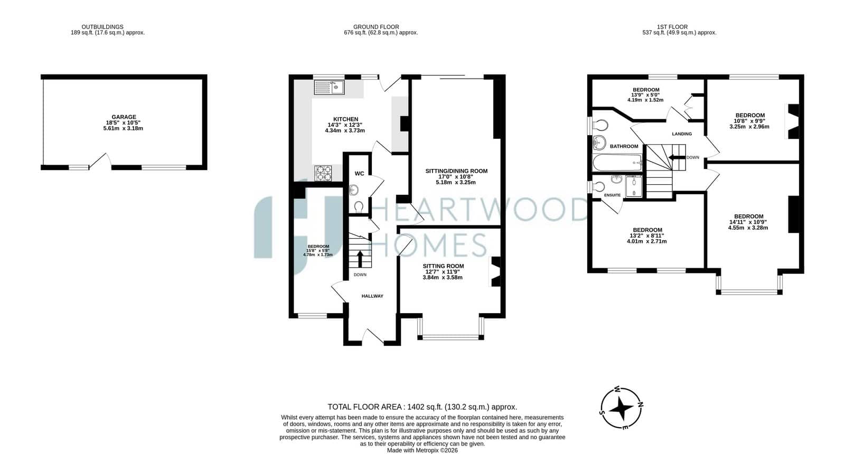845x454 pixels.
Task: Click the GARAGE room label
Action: coord(124,117)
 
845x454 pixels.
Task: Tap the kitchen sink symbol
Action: coord(330,87)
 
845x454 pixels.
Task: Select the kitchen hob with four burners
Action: coord(323,173)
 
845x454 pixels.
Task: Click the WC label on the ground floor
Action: coord(360,174)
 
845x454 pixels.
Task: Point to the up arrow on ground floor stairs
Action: coord(360,259)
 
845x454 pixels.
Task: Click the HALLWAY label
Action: coord(372,296)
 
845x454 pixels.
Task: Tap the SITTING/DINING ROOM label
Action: coord(456,171)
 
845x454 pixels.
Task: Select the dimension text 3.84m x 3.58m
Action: coord(443,278)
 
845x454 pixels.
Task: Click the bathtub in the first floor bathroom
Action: coord(617,163)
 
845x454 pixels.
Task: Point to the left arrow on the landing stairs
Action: coord(677,157)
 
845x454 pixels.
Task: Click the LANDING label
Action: coord(682,134)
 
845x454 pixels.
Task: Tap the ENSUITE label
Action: coord(612,195)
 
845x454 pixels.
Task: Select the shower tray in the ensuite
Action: coord(634,186)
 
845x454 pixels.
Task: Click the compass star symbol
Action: coord(621,408)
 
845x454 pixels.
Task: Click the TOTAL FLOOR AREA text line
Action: coord(422,407)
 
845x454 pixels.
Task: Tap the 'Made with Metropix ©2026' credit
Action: coord(422,450)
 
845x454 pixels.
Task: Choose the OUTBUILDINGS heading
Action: coord(102,27)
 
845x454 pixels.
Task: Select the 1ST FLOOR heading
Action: coord(672,27)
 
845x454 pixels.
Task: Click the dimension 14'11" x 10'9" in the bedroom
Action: coord(748,222)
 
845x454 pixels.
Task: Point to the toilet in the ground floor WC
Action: coord(359,207)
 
